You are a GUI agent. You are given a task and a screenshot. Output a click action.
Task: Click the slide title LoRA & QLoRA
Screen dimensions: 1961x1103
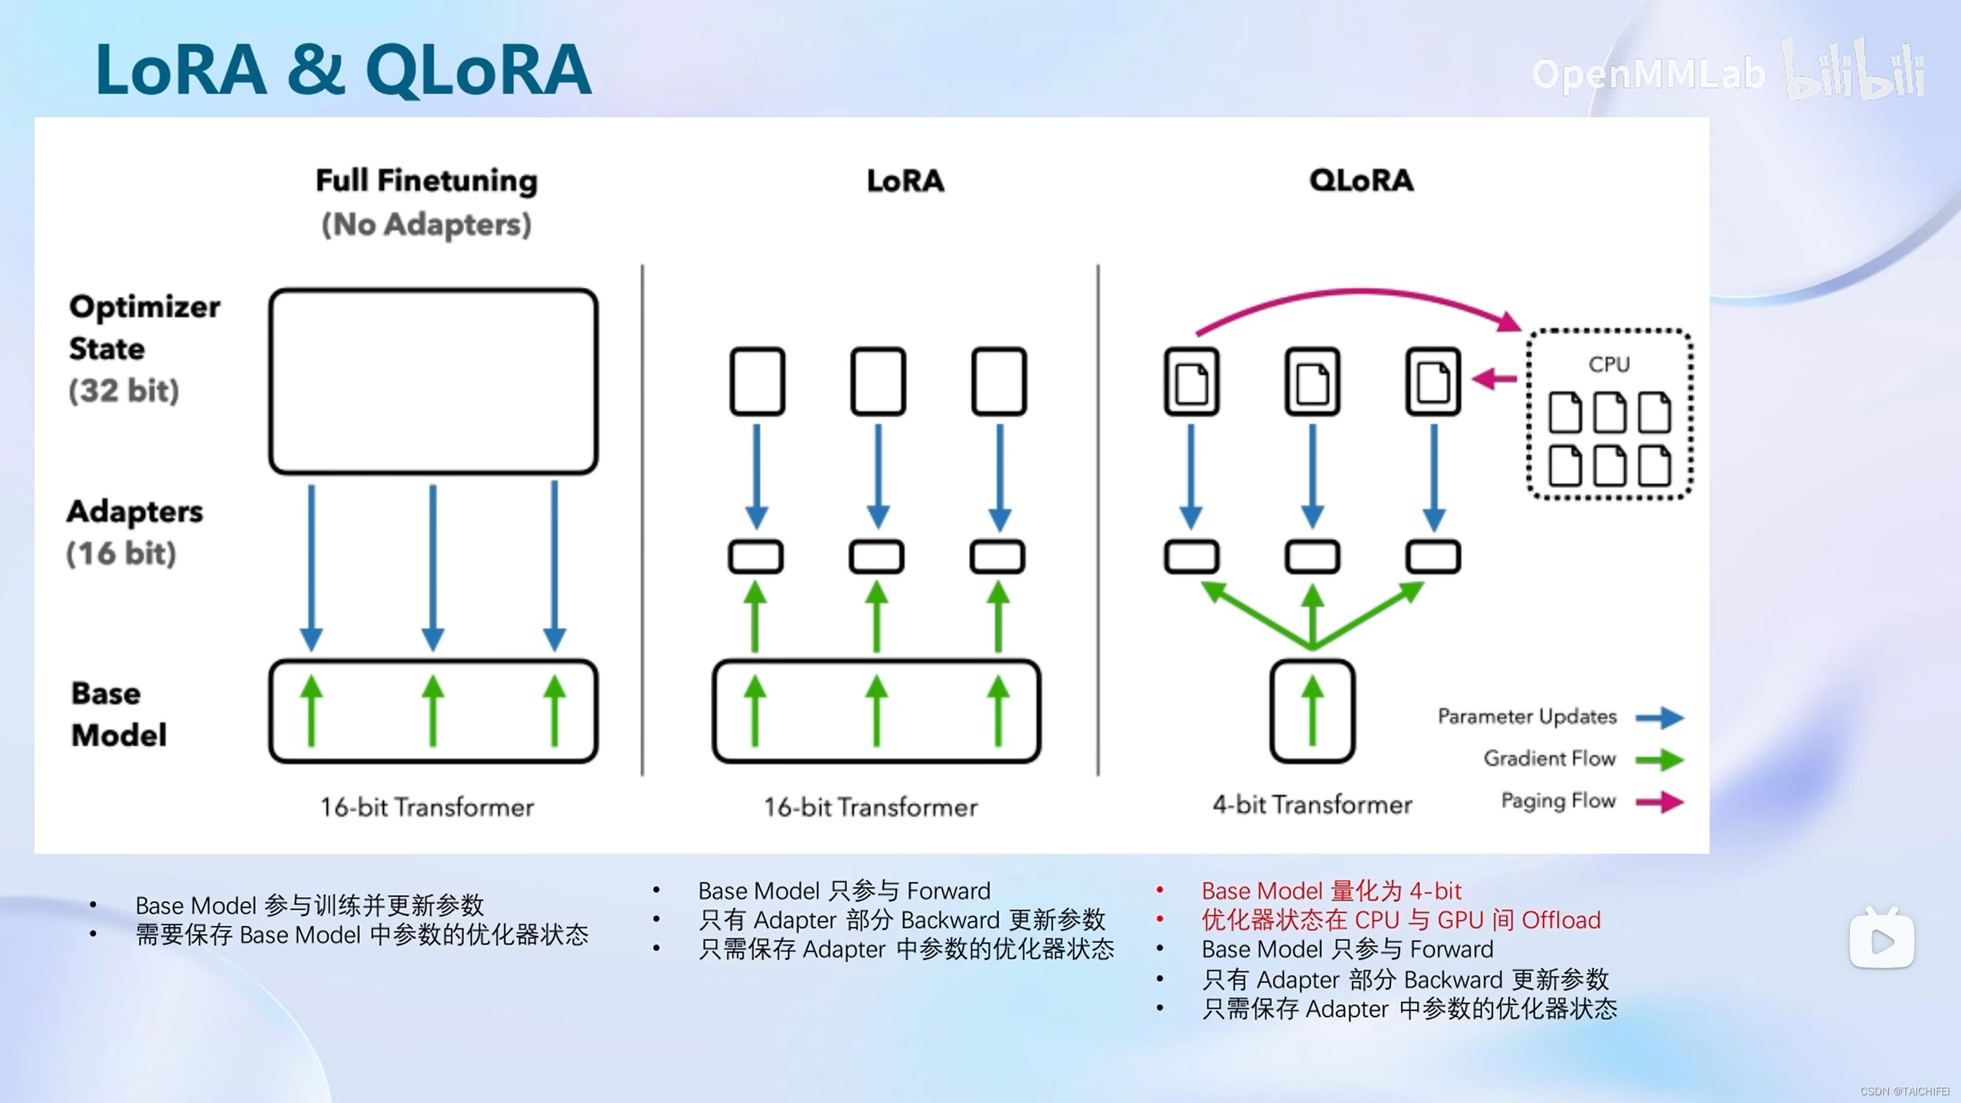click(x=343, y=70)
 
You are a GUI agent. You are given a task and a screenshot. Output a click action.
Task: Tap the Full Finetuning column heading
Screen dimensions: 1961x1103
click(x=427, y=182)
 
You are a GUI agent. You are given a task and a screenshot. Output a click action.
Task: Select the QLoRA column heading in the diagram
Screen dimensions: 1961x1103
click(x=1361, y=181)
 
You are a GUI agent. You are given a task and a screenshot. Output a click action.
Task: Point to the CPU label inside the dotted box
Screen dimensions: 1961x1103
click(x=1609, y=365)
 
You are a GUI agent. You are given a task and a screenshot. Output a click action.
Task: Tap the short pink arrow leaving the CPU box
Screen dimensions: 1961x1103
click(x=1494, y=378)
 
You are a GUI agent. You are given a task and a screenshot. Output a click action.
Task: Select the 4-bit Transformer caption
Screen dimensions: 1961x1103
click(x=1312, y=805)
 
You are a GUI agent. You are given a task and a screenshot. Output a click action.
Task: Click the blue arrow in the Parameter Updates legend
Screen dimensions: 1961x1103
click(x=1660, y=718)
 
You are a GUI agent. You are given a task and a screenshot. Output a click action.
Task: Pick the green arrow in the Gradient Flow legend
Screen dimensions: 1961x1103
click(x=1660, y=760)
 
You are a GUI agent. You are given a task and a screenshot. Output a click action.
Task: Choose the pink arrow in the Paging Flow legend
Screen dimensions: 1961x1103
click(x=1660, y=802)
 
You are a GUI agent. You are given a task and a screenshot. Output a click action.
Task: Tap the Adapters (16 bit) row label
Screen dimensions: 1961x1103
click(x=135, y=532)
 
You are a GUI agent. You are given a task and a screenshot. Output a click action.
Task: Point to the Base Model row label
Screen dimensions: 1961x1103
click(x=119, y=714)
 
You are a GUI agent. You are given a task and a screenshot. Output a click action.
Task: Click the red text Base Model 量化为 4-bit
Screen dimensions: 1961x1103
click(x=1331, y=891)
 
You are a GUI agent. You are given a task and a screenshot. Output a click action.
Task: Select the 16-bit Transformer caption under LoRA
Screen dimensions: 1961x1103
click(x=871, y=807)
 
